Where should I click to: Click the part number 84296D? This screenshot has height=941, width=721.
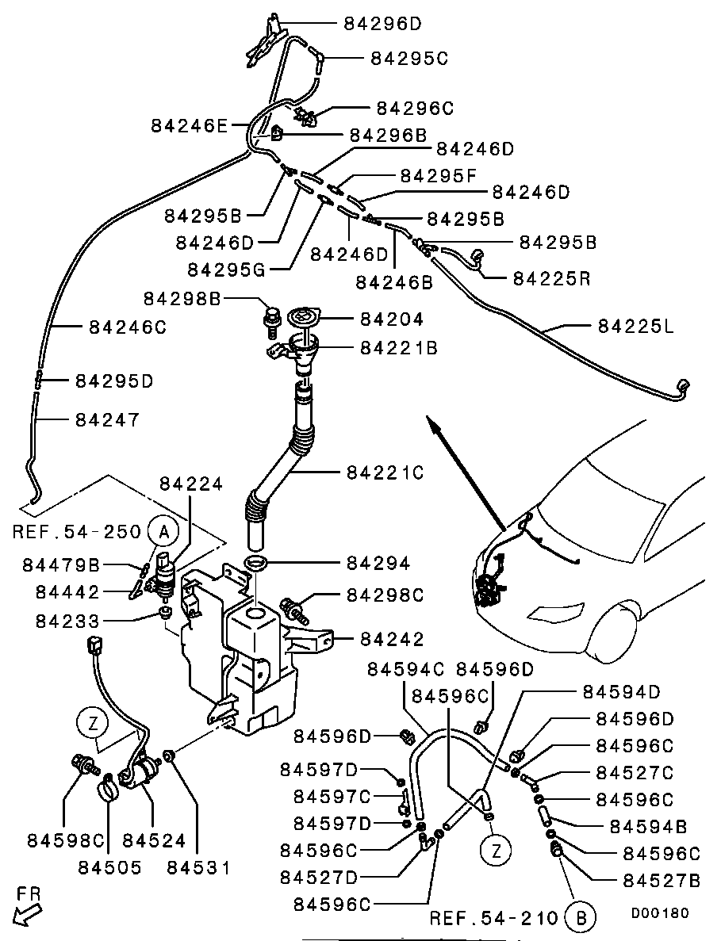[383, 24]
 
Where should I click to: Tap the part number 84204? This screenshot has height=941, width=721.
[392, 319]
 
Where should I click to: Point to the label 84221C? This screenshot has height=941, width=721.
[385, 472]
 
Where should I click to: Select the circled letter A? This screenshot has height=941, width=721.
[163, 530]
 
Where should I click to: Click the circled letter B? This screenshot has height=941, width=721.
[581, 918]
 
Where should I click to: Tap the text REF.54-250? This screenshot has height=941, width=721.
[77, 531]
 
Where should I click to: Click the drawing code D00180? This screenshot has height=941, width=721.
[660, 912]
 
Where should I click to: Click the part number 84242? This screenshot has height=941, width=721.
[392, 638]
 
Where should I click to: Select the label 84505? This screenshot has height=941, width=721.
[109, 866]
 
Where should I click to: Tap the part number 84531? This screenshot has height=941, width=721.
[198, 866]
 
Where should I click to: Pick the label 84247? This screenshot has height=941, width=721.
[107, 419]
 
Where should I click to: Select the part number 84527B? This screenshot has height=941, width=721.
[662, 880]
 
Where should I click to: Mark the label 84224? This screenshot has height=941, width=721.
[191, 484]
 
